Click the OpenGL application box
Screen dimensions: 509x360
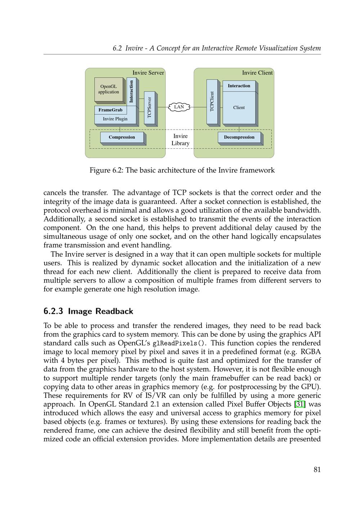pyautogui.click(x=109, y=89)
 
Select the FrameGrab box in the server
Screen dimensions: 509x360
pyautogui.click(x=111, y=110)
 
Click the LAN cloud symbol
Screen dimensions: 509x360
pyautogui.click(x=179, y=107)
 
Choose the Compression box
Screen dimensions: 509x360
pyautogui.click(x=122, y=137)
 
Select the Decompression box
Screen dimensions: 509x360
pyautogui.click(x=239, y=137)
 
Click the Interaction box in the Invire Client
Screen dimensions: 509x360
pyautogui.click(x=239, y=86)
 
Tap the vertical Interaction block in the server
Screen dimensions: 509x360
pyautogui.click(x=131, y=91)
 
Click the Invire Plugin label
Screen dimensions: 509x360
pyautogui.click(x=115, y=119)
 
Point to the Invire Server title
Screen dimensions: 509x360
pyautogui.click(x=148, y=73)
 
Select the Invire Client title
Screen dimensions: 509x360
pyautogui.click(x=257, y=73)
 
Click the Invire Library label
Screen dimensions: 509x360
pyautogui.click(x=180, y=140)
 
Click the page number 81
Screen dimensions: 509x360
pyautogui.click(x=317, y=469)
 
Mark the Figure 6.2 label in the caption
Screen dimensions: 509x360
pyautogui.click(x=106, y=170)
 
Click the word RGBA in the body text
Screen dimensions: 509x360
pyautogui.click(x=311, y=352)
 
